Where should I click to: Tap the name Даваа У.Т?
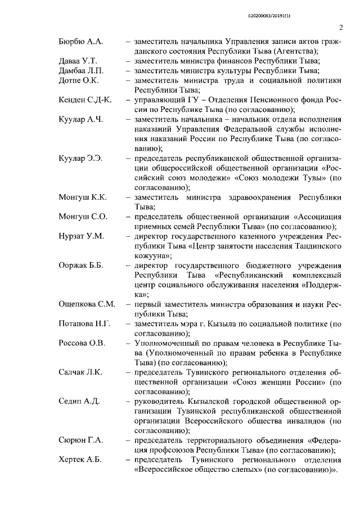pos(78,61)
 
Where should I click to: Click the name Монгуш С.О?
pos(83,217)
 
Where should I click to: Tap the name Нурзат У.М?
pos(82,236)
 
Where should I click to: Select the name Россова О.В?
pos(82,344)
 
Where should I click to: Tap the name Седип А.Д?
pos(79,401)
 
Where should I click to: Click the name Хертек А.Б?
pos(80,460)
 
